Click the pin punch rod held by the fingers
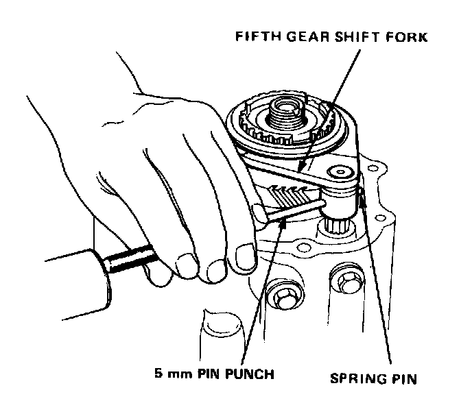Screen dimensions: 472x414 click(x=288, y=208)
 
